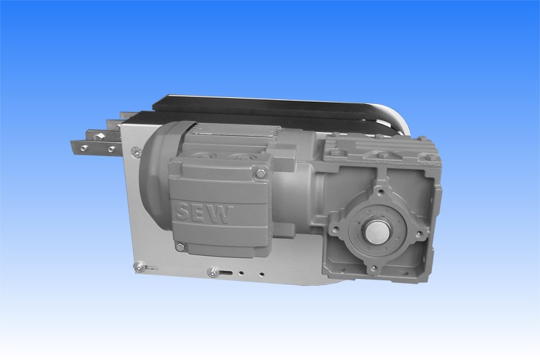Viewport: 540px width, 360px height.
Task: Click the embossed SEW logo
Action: (204, 213)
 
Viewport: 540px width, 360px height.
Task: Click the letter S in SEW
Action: (182, 211)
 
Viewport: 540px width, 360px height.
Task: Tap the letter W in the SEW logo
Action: (221, 215)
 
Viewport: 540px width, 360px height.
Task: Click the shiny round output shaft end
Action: (377, 232)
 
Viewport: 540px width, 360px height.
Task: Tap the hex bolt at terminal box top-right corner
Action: (261, 174)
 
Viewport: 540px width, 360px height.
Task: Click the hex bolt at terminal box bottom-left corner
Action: (180, 247)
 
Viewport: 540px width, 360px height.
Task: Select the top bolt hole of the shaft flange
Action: (381, 191)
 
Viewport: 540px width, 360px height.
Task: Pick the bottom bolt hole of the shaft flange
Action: (373, 267)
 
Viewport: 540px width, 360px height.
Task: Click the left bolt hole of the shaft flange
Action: (335, 228)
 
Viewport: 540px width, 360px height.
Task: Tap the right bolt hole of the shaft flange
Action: (418, 234)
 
